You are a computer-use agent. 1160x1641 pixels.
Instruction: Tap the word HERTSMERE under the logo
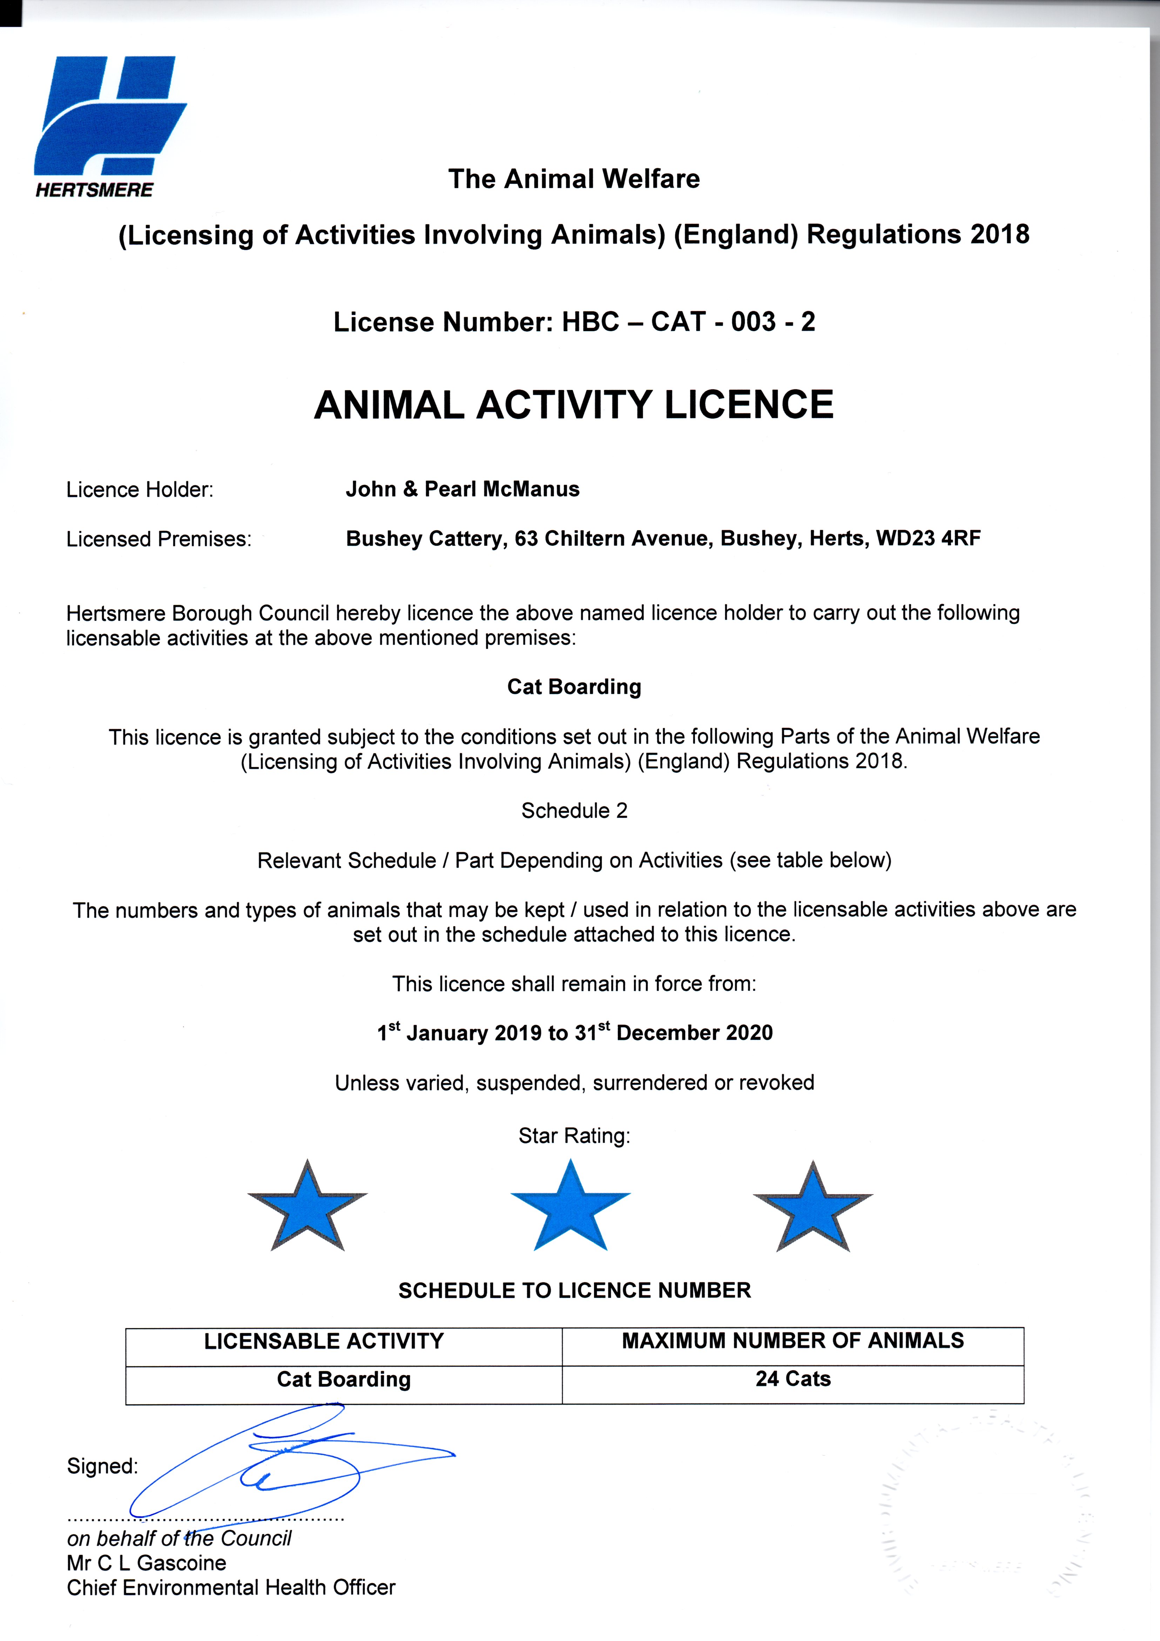(94, 190)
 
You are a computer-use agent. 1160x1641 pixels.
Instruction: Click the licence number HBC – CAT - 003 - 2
(688, 322)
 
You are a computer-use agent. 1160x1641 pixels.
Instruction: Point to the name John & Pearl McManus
(463, 490)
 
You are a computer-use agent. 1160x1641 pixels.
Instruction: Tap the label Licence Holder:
(140, 490)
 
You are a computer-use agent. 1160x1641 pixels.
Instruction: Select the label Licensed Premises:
(159, 540)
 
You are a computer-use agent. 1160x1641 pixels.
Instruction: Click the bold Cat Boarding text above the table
(574, 687)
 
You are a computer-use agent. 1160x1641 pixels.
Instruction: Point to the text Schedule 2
(574, 811)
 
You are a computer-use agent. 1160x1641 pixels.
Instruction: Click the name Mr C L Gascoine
(147, 1563)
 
